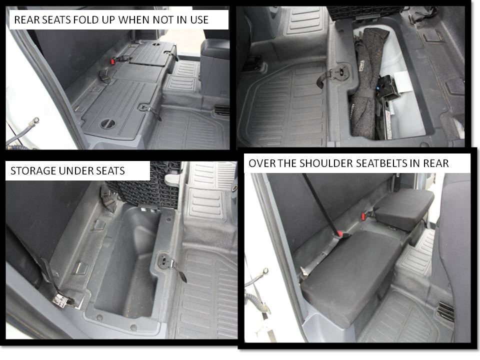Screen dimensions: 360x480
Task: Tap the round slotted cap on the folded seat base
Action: tap(107, 123)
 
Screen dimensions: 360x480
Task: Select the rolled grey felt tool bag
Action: tap(368, 85)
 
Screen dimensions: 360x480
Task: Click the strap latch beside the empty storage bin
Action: tap(168, 262)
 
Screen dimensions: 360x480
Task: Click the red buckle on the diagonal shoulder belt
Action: tap(340, 232)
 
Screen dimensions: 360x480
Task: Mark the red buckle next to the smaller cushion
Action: tap(364, 216)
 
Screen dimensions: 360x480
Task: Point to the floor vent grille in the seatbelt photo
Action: tap(445, 311)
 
